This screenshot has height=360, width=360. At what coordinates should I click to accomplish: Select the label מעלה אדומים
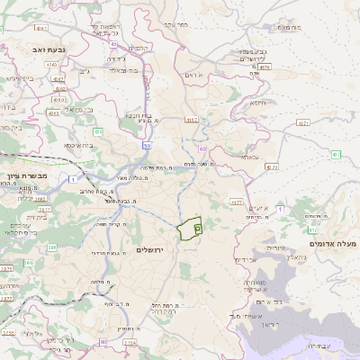tap(333, 244)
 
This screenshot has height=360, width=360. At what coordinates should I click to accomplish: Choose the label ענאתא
tap(249, 156)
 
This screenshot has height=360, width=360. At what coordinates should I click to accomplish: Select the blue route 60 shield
tap(202, 148)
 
